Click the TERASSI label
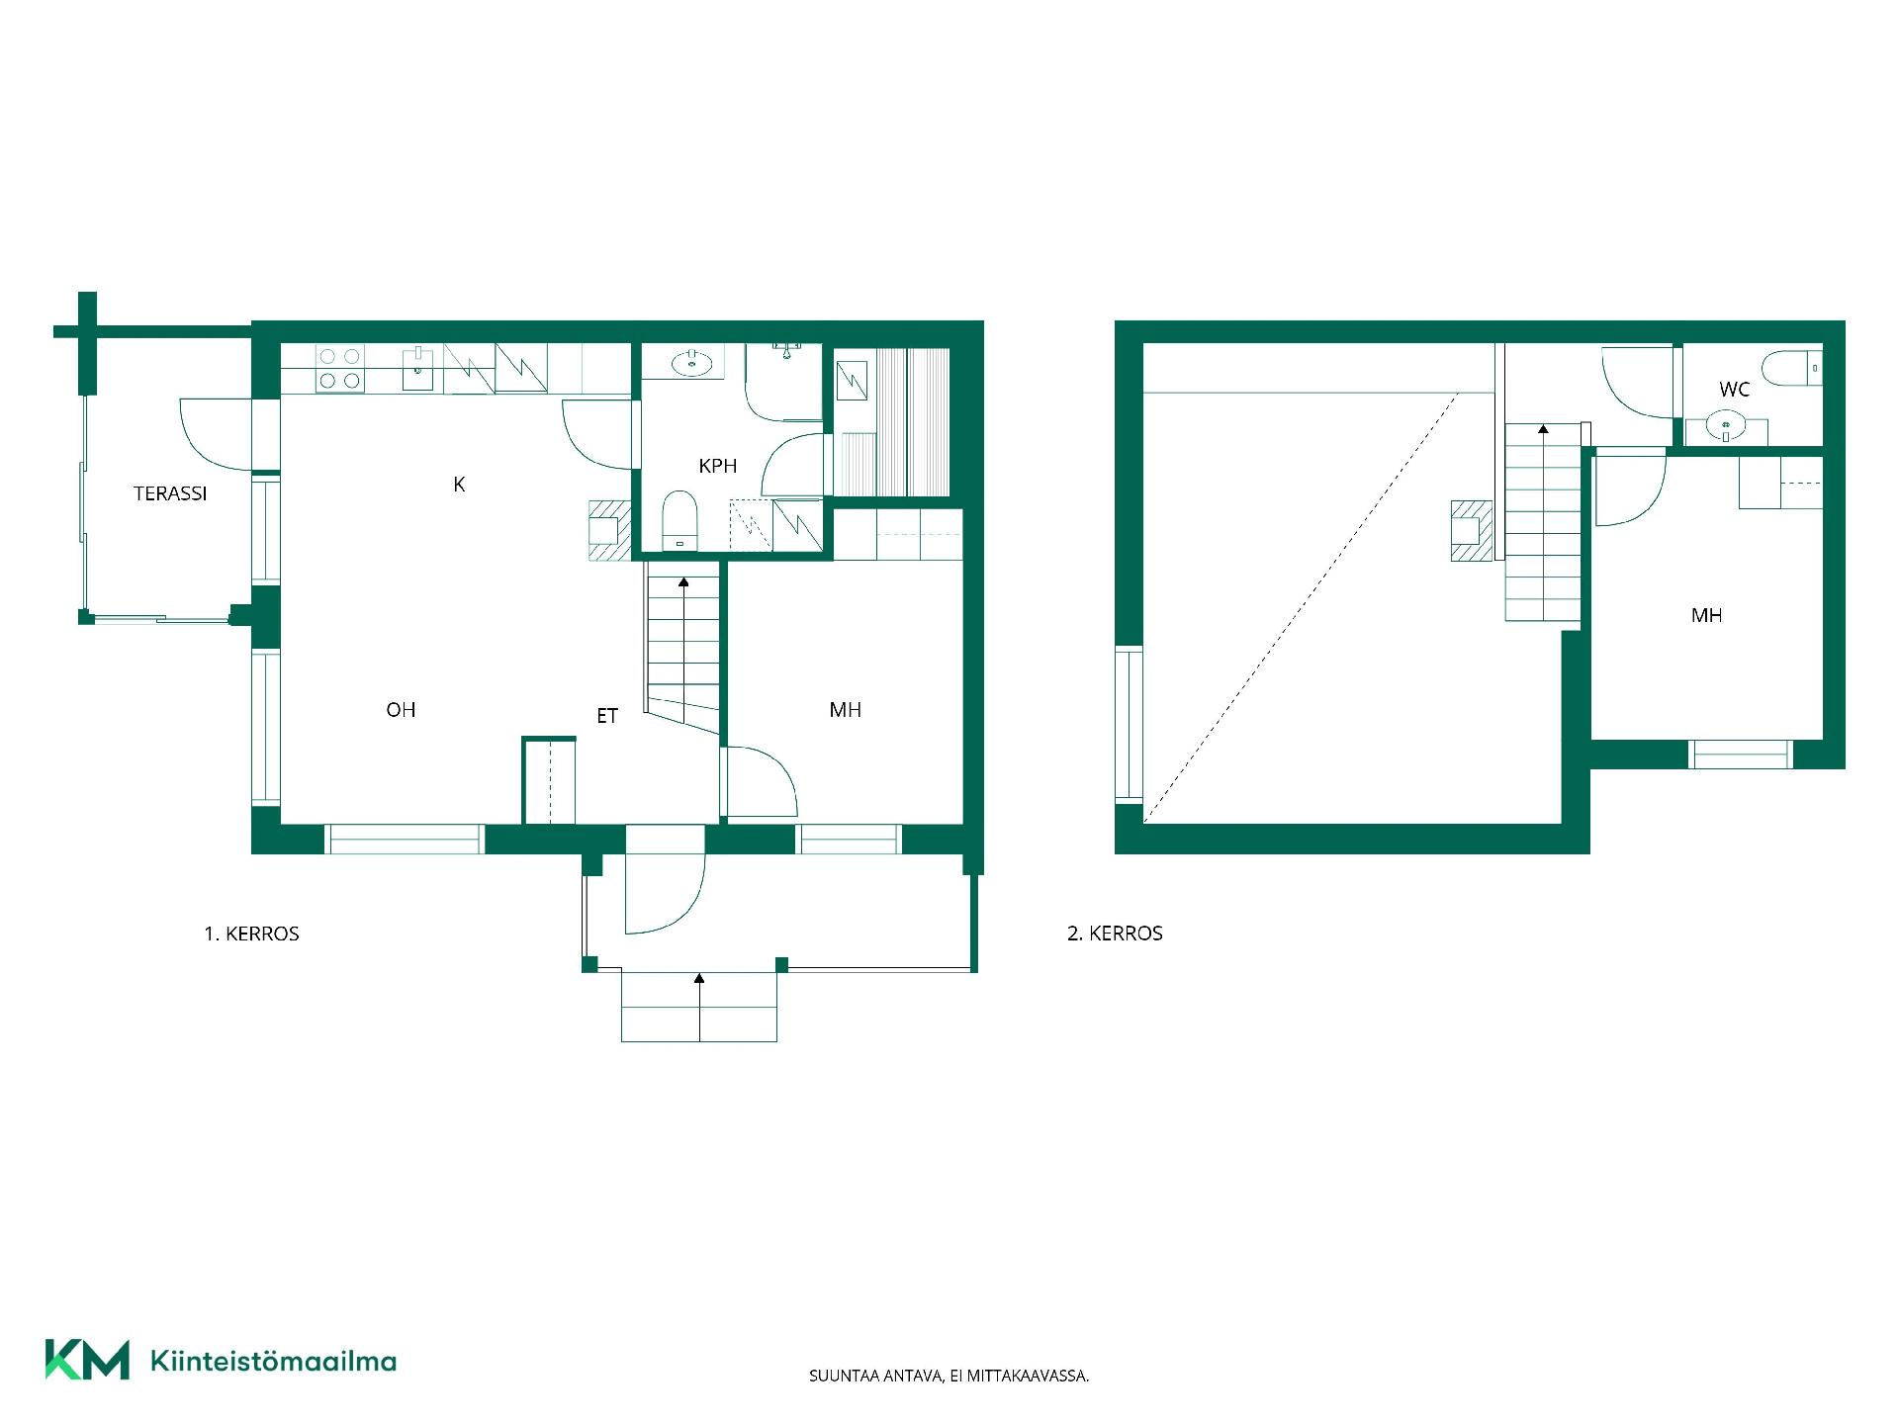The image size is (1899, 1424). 170,493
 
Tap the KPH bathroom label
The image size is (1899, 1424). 718,466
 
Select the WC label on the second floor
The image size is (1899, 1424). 1734,390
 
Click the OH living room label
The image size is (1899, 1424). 401,709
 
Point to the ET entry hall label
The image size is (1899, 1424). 607,716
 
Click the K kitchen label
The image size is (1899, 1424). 459,484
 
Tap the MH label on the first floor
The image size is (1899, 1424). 846,709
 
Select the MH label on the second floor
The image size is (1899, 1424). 1706,615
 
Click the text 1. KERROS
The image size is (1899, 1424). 251,934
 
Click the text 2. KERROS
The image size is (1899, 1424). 1115,934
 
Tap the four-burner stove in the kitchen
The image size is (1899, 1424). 339,368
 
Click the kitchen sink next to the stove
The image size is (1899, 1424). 417,368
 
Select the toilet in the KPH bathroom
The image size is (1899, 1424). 679,520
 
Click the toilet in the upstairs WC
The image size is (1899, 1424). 1798,367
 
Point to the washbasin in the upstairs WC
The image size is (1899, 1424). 1727,428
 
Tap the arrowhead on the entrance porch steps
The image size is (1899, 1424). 699,978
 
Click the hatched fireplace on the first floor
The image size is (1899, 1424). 609,531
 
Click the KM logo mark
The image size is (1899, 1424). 87,1359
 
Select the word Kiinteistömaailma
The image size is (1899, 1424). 273,1361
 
